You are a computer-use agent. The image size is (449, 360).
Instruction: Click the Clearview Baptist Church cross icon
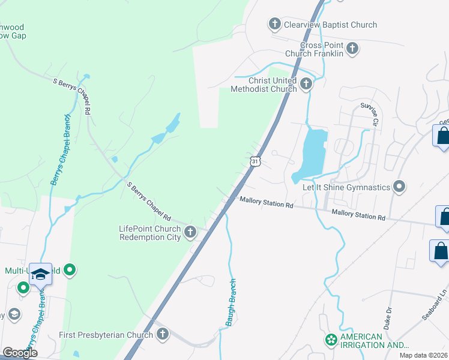(275, 25)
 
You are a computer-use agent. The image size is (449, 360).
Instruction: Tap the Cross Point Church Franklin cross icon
(352, 49)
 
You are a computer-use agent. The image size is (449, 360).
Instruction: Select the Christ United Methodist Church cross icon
(307, 84)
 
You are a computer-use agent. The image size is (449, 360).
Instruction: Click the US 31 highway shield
(255, 161)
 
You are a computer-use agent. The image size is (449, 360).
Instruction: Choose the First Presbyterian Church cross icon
(163, 335)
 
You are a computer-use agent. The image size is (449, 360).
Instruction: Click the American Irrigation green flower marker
(331, 340)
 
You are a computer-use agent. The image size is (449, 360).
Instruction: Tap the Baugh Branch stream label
(231, 302)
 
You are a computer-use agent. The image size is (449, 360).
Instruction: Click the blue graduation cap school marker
(40, 274)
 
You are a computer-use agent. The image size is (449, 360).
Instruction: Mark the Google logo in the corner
(20, 352)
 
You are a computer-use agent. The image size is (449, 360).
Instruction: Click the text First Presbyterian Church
(106, 335)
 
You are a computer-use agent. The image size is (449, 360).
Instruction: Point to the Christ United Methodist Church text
(264, 85)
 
